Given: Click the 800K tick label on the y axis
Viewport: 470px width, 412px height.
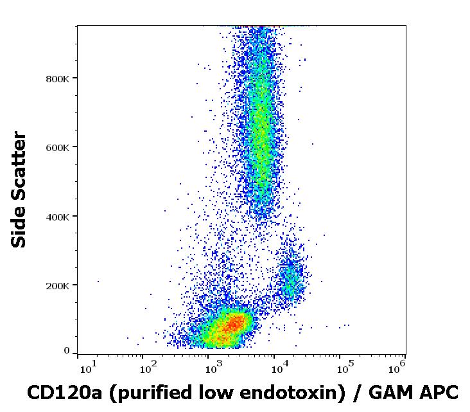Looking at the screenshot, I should tap(58, 78).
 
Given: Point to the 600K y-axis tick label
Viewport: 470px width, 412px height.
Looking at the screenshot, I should tap(58, 147).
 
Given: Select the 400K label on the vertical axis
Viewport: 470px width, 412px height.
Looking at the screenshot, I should tap(58, 217).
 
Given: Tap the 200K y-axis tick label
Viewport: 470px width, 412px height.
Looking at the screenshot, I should tap(58, 285).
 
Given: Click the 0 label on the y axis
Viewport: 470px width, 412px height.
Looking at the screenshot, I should tap(67, 351).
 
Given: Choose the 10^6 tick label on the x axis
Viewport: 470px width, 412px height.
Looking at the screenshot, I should tap(397, 367).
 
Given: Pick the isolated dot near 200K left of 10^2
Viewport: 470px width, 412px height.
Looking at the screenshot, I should tap(98, 281).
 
